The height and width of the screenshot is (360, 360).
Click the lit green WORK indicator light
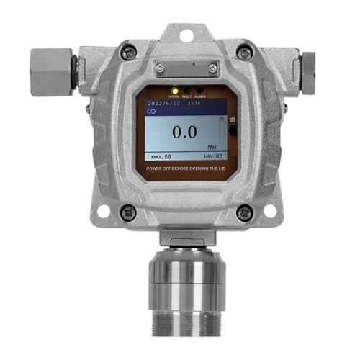coord(174,92)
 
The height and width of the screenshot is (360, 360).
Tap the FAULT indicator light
coord(186,92)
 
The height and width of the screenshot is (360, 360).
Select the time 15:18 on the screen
coord(194,104)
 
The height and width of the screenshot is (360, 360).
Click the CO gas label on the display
coord(150,112)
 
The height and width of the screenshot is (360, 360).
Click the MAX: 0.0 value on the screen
coord(161,156)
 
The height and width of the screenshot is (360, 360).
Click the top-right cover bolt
coord(245,53)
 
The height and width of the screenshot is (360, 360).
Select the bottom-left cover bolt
coord(128,212)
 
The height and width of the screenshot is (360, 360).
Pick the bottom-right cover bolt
coord(245,212)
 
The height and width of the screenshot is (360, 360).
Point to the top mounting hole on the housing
coord(186,35)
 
